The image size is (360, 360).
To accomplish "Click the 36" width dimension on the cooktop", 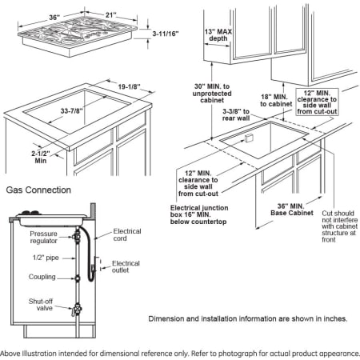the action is click(54, 18).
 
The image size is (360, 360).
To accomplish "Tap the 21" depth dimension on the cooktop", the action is click(111, 14).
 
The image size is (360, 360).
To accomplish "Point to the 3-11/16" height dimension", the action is click(166, 34).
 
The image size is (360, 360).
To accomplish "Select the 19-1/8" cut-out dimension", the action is click(130, 86).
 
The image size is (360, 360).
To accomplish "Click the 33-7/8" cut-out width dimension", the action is click(72, 110).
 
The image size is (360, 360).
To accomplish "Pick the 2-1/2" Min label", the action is click(41, 157).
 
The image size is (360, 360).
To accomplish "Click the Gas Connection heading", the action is click(38, 190).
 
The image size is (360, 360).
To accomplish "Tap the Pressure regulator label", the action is click(43, 237).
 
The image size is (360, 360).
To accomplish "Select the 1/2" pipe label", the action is click(46, 258).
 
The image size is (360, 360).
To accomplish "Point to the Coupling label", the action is click(42, 277).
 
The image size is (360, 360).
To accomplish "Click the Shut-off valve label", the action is click(41, 305).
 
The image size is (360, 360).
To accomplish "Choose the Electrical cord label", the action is click(127, 234).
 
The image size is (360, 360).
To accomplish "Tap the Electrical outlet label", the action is click(126, 266).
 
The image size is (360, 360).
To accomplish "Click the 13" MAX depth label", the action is click(218, 35).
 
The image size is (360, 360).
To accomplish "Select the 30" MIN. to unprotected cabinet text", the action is click(212, 94).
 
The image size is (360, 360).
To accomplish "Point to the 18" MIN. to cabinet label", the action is click(276, 101).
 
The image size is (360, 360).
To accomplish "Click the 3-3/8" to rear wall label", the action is click(236, 114).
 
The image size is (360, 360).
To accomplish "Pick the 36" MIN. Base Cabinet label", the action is click(292, 210).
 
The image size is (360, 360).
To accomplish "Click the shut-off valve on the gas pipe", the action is click(77, 310).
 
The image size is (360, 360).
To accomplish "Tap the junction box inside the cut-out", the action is click(249, 138).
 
